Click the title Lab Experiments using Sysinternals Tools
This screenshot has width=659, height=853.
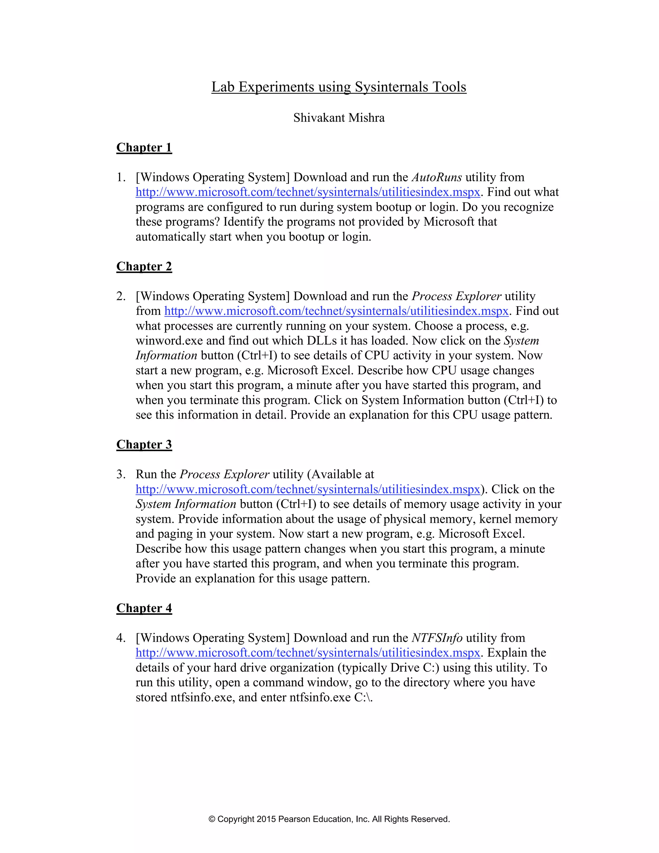[x=339, y=87]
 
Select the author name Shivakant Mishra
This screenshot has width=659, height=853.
[x=339, y=117]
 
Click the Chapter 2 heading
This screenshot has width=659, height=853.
[x=144, y=267]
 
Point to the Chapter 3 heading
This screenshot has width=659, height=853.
[x=144, y=445]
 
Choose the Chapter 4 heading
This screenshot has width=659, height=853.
[x=144, y=608]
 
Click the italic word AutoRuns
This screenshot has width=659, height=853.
[x=436, y=177]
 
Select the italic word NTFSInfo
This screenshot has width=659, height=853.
[x=437, y=638]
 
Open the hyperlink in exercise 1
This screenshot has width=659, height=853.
[x=308, y=192]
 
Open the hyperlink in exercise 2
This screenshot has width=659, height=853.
[x=336, y=311]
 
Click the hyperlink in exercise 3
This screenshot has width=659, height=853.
[x=308, y=489]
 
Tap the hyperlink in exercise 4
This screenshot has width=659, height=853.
[x=308, y=653]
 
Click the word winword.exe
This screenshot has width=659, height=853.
[x=169, y=341]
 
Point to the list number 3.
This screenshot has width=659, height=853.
[x=120, y=474]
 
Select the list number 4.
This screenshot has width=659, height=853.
[x=120, y=638]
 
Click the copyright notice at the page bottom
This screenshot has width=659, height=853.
[x=329, y=819]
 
